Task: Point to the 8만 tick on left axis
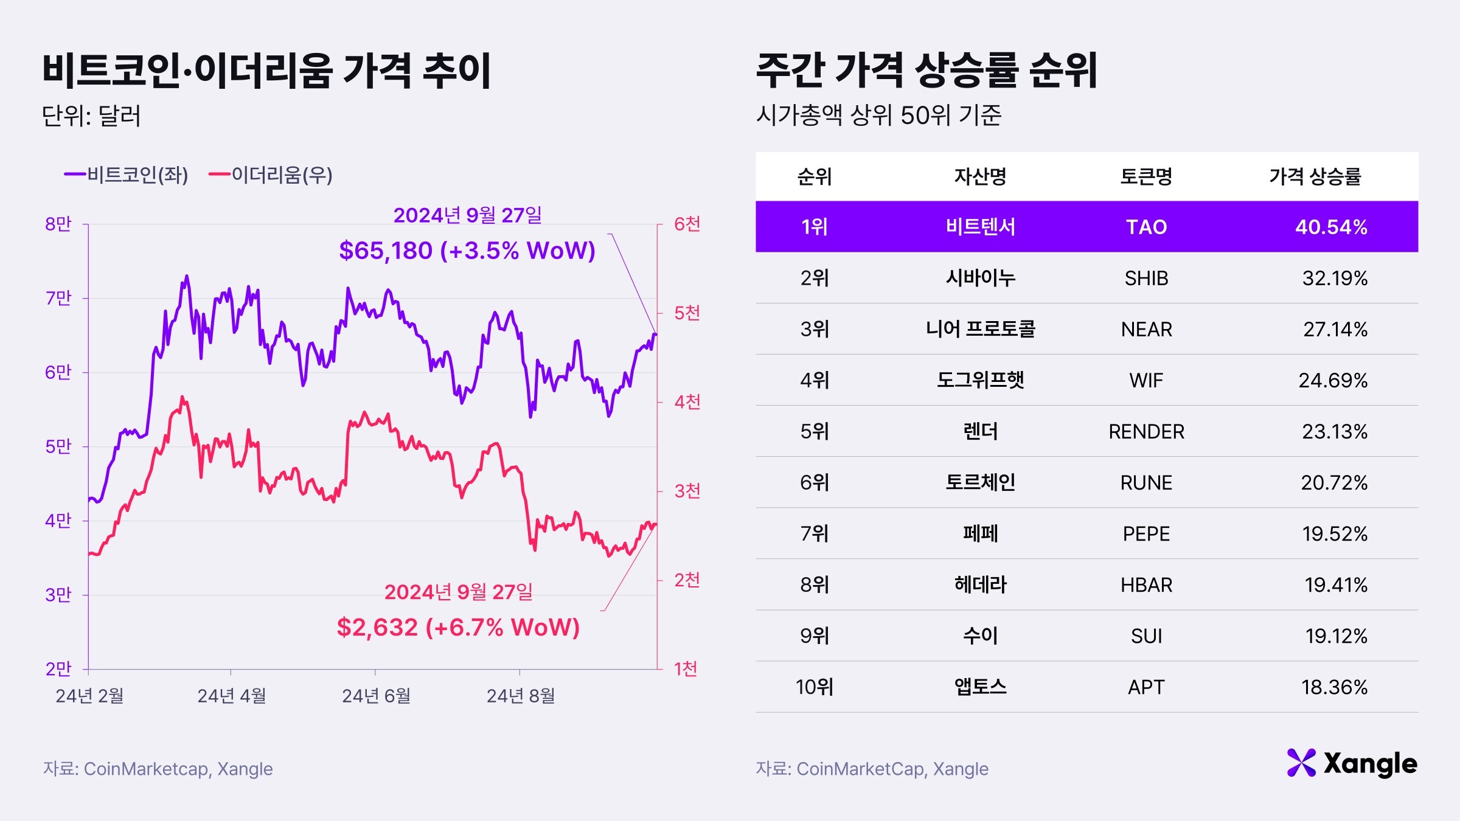tap(58, 224)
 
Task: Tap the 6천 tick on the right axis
tap(687, 224)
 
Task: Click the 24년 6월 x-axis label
tap(375, 696)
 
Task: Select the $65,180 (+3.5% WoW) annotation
tap(467, 251)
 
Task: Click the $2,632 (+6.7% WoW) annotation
tap(457, 627)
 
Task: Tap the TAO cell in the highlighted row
tap(1146, 227)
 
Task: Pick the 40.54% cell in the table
tap(1330, 227)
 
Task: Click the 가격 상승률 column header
tap(1315, 176)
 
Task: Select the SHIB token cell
tap(1146, 278)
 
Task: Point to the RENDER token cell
tap(1146, 431)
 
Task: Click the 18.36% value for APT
tap(1333, 687)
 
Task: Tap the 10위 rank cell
tap(814, 687)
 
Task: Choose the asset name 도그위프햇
tap(980, 380)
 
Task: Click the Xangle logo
tap(1352, 763)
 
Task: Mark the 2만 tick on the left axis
tap(58, 669)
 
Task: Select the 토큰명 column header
tap(1146, 176)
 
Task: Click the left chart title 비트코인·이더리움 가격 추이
tap(266, 71)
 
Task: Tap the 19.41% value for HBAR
tap(1335, 585)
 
